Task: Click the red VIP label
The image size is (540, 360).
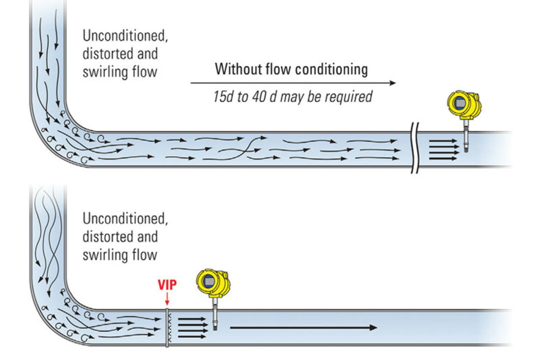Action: click(x=167, y=285)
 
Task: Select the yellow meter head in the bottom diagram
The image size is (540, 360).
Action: click(x=213, y=283)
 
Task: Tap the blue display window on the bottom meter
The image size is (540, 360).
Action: click(x=209, y=281)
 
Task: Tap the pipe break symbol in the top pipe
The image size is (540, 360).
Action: click(x=415, y=148)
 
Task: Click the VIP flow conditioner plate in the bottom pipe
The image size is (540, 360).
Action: click(x=167, y=328)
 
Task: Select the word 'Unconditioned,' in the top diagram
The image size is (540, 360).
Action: click(x=125, y=36)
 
